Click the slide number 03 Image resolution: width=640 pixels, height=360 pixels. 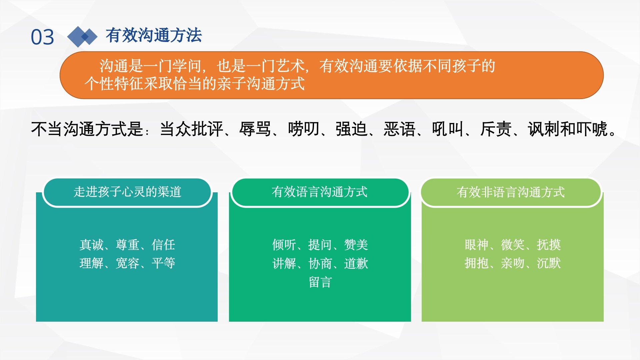[x=42, y=37]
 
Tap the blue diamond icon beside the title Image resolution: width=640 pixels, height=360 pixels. [x=82, y=37]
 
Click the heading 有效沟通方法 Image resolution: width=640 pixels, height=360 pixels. [x=154, y=35]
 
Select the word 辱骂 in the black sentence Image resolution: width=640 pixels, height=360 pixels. [x=255, y=129]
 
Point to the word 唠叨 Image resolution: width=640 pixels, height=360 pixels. [x=304, y=129]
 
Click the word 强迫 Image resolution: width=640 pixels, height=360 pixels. [x=352, y=129]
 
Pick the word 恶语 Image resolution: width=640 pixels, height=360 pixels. [x=400, y=129]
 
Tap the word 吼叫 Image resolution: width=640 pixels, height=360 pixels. [x=448, y=129]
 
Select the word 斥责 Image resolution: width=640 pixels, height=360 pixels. [x=496, y=129]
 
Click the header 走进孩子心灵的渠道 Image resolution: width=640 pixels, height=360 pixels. [x=127, y=192]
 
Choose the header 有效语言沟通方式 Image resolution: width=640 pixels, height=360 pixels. [x=320, y=192]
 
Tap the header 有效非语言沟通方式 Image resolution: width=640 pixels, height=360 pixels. [x=511, y=192]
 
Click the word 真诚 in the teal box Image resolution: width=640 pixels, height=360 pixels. [x=91, y=245]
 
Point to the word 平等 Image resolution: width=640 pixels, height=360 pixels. [x=163, y=263]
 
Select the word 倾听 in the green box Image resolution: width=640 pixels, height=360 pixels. [x=284, y=245]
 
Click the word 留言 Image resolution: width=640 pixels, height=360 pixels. [x=320, y=282]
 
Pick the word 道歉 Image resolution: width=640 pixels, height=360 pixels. [x=356, y=264]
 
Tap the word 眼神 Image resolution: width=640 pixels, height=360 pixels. [x=477, y=245]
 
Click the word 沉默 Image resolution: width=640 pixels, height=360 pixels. [x=549, y=263]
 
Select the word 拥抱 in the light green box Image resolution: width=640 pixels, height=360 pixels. [x=477, y=263]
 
